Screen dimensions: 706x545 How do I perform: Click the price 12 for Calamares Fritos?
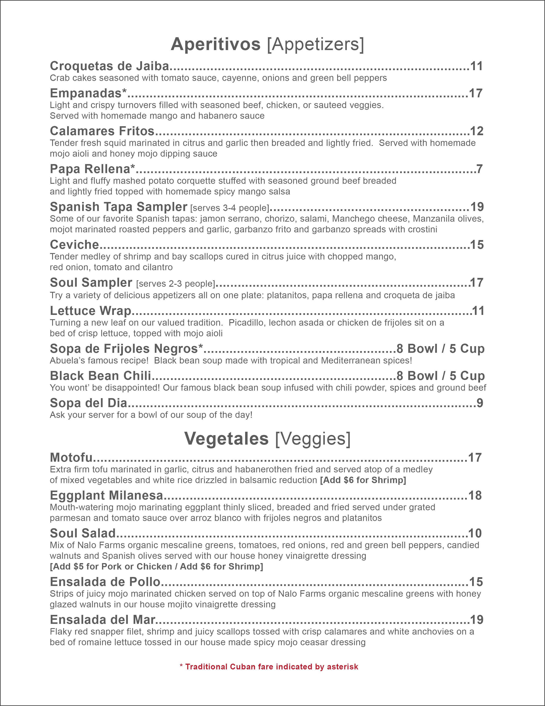tap(477, 131)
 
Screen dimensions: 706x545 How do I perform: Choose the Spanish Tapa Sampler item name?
tap(118, 207)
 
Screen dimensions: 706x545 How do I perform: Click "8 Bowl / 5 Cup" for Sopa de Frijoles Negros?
tap(440, 349)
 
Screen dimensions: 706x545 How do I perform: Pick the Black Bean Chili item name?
tap(100, 376)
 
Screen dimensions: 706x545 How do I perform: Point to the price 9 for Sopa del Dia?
tap(480, 403)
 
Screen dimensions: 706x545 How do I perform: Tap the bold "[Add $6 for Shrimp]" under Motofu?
tap(363, 480)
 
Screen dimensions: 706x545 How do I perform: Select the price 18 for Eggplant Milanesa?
tap(475, 495)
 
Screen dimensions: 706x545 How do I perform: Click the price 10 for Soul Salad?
tap(475, 533)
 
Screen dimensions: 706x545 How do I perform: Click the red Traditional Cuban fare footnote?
tap(269, 667)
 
